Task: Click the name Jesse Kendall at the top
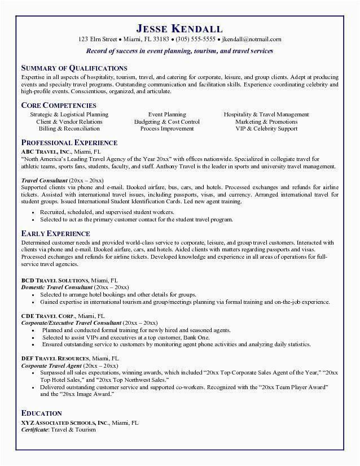(x=179, y=28)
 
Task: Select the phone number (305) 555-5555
(x=195, y=40)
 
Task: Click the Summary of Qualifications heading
(x=74, y=68)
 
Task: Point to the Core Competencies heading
(x=59, y=105)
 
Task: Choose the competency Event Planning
(x=167, y=115)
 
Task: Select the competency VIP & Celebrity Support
(x=266, y=129)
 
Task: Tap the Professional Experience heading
(x=69, y=142)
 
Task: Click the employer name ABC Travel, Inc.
(x=46, y=151)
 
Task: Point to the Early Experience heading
(x=55, y=233)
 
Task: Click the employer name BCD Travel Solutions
(x=55, y=280)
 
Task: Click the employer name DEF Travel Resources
(x=55, y=359)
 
